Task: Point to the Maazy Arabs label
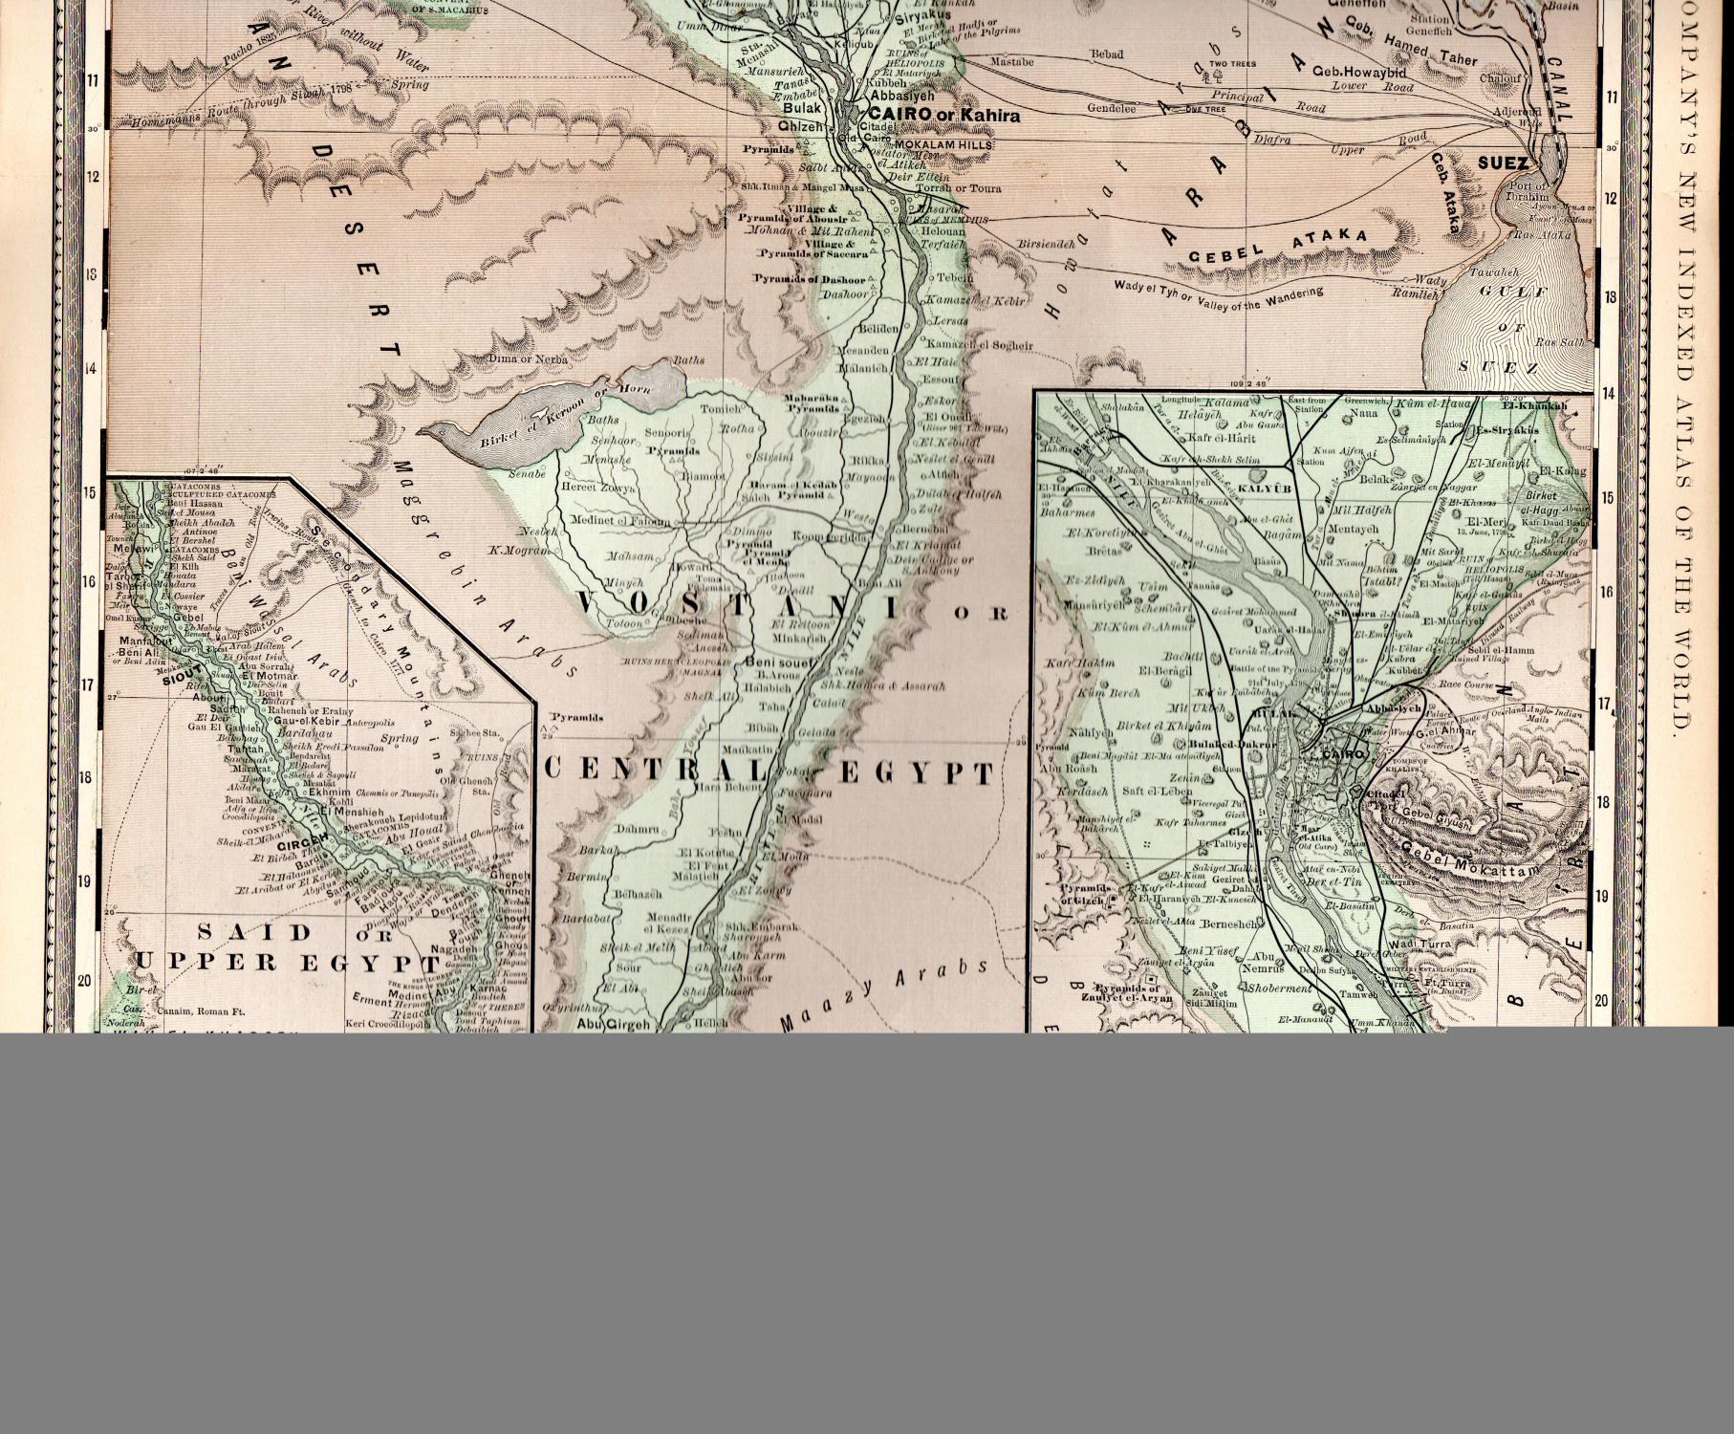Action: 884,997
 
